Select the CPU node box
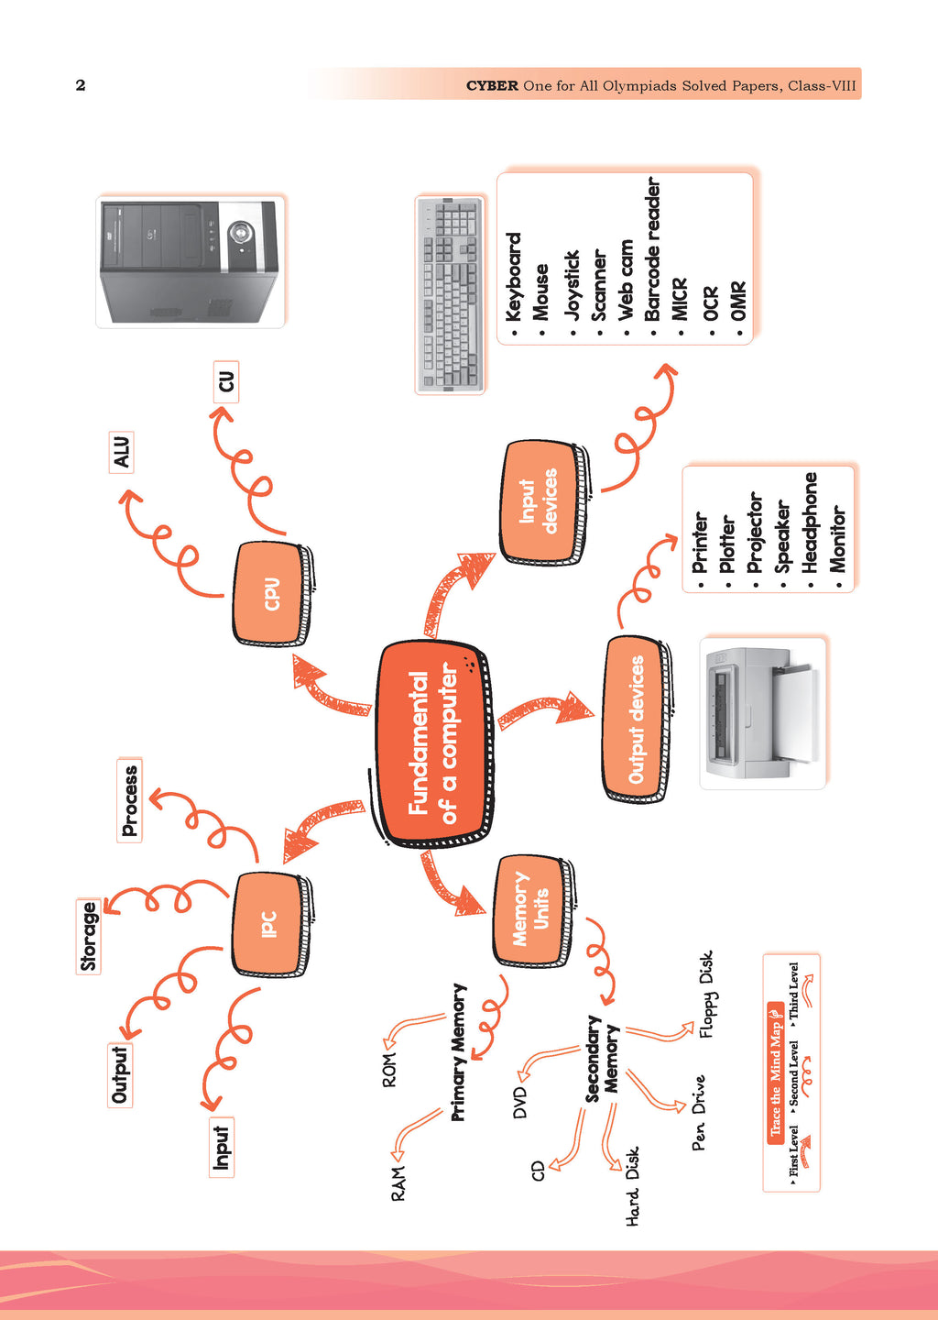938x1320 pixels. click(x=271, y=593)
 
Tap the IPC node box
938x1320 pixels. click(x=269, y=924)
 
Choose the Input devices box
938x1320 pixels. click(x=540, y=501)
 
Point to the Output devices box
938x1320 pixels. click(x=636, y=719)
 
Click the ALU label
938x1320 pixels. click(x=121, y=452)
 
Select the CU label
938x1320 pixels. click(x=225, y=381)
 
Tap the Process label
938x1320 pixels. click(x=130, y=800)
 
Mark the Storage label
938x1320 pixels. click(x=89, y=936)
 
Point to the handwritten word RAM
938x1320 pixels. click(x=398, y=1183)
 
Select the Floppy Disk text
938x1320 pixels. click(x=706, y=995)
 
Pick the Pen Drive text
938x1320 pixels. click(x=699, y=1113)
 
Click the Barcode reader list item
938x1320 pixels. click(x=652, y=249)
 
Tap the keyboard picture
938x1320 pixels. click(x=450, y=294)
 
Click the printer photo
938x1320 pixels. click(x=763, y=713)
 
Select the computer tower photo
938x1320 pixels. click(x=190, y=261)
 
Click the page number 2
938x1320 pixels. click(x=81, y=85)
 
